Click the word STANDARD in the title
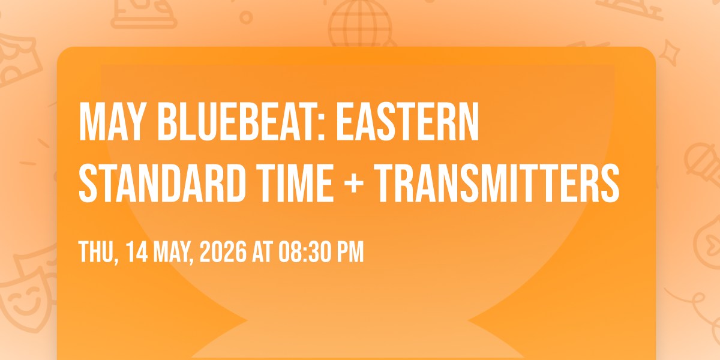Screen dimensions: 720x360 [162, 183]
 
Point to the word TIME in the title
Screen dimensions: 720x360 [296, 183]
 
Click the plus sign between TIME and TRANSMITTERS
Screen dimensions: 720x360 [353, 184]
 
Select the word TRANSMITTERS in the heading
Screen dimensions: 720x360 [497, 183]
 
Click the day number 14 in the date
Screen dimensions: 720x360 [137, 251]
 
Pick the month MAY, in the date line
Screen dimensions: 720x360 [173, 253]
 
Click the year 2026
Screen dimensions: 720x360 [223, 251]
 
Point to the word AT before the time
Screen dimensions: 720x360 [263, 251]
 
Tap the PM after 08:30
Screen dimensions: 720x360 [350, 251]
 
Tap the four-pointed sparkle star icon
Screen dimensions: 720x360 [669, 53]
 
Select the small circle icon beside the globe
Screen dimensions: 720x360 [246, 17]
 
